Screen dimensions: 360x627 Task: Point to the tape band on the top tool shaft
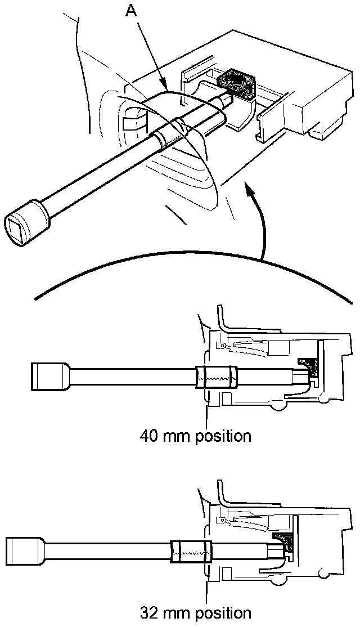click(x=169, y=133)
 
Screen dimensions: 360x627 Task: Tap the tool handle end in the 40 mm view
click(x=49, y=377)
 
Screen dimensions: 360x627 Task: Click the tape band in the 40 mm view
click(x=217, y=377)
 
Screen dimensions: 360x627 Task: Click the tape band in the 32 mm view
click(x=191, y=552)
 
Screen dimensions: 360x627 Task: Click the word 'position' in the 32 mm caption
click(x=223, y=612)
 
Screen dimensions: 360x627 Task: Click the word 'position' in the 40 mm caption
click(x=223, y=436)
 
